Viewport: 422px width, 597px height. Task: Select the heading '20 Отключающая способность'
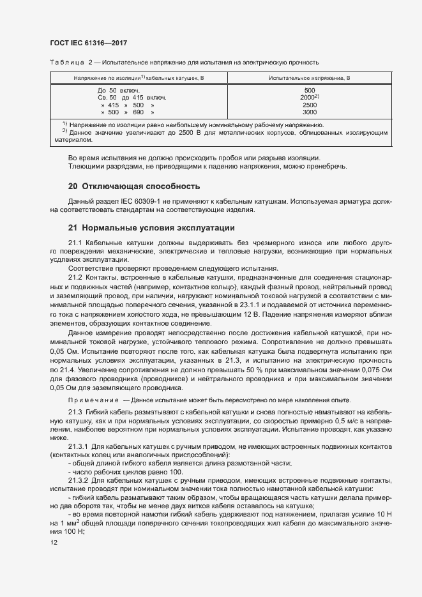point(134,186)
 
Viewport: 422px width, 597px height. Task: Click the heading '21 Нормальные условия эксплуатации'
point(152,228)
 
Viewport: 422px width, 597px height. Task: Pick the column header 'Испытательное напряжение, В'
point(309,77)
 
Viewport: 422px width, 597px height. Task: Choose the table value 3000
point(310,112)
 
